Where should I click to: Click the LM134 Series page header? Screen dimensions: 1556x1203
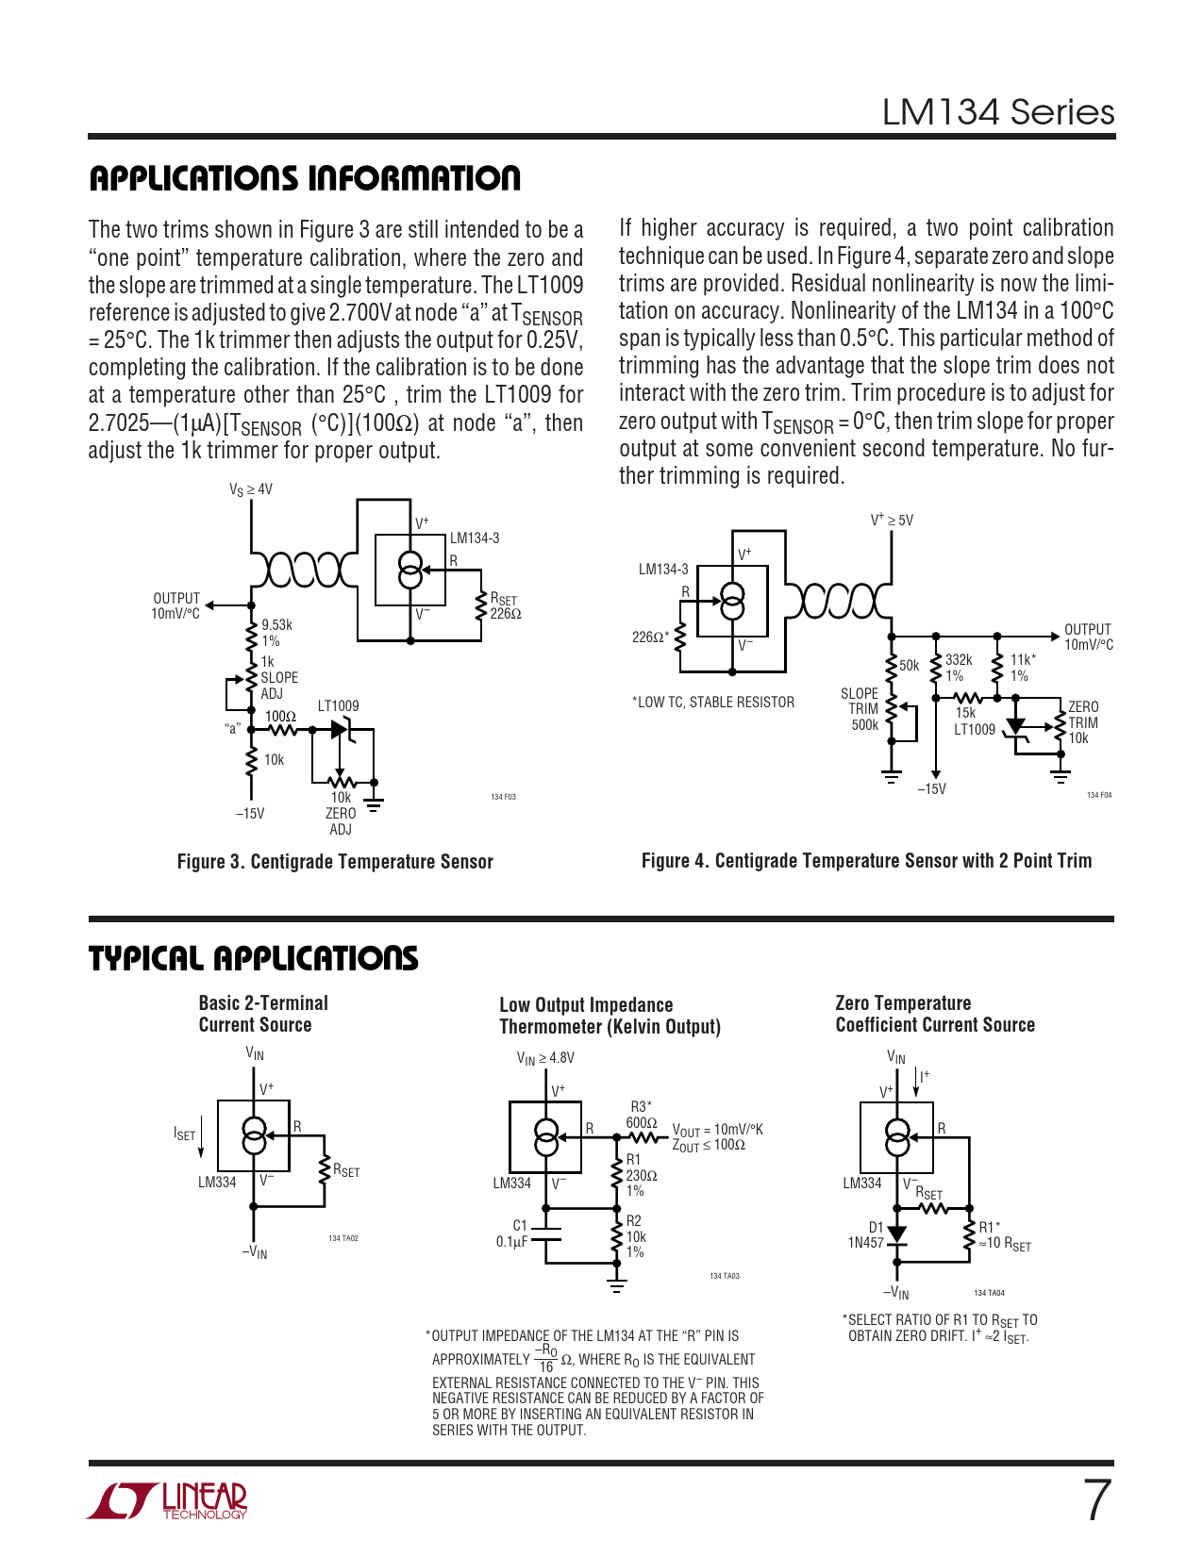[997, 112]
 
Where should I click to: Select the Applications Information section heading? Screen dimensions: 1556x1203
[305, 178]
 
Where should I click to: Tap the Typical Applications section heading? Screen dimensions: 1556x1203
[253, 958]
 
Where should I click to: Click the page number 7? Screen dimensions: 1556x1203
[1096, 1500]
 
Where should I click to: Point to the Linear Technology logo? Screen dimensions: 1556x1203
[167, 1501]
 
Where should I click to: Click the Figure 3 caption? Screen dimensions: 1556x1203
[335, 862]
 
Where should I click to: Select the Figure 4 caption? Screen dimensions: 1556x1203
[866, 861]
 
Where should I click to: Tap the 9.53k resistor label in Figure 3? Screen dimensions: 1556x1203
[276, 633]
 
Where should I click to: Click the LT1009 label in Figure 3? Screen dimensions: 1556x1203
[338, 705]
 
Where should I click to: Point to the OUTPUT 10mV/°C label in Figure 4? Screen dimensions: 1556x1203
[1088, 637]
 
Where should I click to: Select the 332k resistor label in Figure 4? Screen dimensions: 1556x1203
[958, 668]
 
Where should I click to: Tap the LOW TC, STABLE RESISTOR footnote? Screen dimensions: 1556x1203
[713, 703]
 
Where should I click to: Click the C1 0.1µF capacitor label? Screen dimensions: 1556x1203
[512, 1233]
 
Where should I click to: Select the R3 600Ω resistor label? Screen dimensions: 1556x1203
[642, 1115]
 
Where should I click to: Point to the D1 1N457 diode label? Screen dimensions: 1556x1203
[866, 1235]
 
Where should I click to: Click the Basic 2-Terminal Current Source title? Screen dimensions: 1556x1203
[262, 1014]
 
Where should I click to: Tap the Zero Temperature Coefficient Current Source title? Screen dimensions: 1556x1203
[934, 1014]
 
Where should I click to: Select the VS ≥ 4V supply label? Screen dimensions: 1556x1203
[250, 489]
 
